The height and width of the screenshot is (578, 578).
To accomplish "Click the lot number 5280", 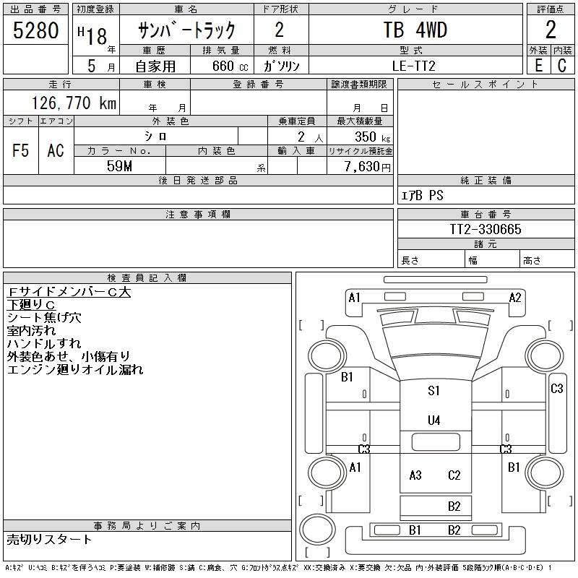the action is pyautogui.click(x=35, y=30).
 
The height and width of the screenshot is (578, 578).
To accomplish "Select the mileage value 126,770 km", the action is pyautogui.click(x=74, y=103).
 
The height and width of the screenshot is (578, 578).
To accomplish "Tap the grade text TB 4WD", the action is pyautogui.click(x=415, y=30).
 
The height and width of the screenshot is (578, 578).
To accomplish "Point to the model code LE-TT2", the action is pyautogui.click(x=413, y=66).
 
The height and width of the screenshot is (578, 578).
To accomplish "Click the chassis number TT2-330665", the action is pyautogui.click(x=486, y=229).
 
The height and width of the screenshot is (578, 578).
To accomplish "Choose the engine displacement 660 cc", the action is pyautogui.click(x=230, y=66).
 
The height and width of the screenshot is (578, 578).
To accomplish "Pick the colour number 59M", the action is pyautogui.click(x=119, y=166).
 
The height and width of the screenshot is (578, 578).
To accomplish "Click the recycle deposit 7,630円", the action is pyautogui.click(x=368, y=166).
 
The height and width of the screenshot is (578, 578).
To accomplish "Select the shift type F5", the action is pyautogui.click(x=21, y=150).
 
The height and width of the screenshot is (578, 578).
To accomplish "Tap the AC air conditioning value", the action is pyautogui.click(x=56, y=150).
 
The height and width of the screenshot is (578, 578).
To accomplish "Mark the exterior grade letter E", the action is pyautogui.click(x=538, y=66).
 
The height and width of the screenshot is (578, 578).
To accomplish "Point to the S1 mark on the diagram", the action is pyautogui.click(x=433, y=390).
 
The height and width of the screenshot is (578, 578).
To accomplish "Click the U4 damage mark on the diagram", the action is pyautogui.click(x=434, y=420).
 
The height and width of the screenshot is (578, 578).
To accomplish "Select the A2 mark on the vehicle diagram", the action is pyautogui.click(x=515, y=297).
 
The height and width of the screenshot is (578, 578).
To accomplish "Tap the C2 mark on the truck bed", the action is pyautogui.click(x=454, y=475).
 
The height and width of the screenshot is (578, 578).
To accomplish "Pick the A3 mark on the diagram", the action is pyautogui.click(x=415, y=475).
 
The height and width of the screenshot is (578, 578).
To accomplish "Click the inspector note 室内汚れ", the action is pyautogui.click(x=31, y=331).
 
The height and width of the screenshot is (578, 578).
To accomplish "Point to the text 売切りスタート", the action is pyautogui.click(x=49, y=540).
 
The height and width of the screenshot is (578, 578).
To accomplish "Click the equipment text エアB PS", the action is pyautogui.click(x=422, y=195).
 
